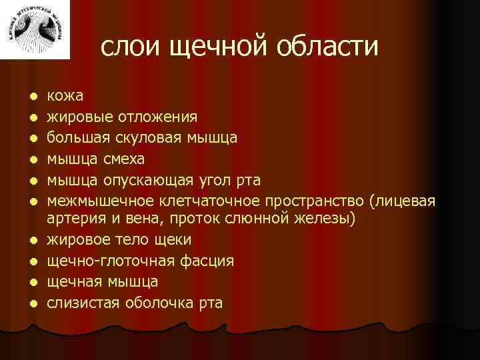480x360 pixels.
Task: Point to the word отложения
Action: click(x=157, y=117)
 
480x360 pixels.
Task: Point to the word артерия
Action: click(x=76, y=219)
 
